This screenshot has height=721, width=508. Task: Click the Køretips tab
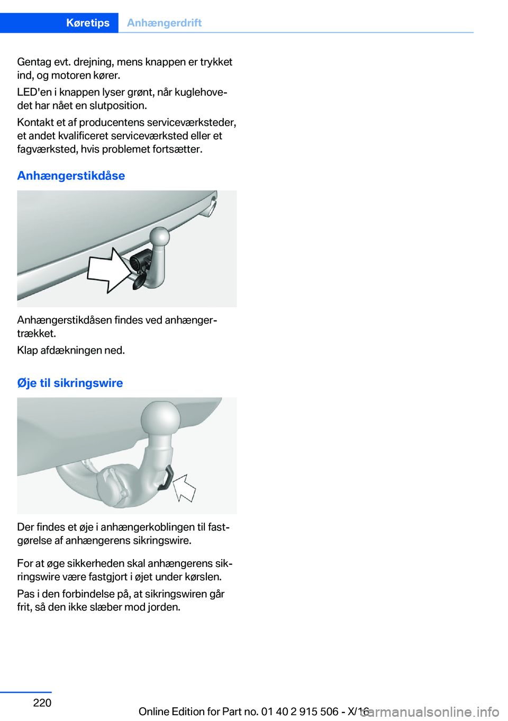click(x=88, y=23)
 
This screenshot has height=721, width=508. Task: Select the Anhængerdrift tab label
click(x=164, y=23)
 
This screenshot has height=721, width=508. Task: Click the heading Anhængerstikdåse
click(x=71, y=176)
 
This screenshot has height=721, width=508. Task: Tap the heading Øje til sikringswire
click(x=70, y=383)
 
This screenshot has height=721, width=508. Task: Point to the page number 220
click(x=42, y=702)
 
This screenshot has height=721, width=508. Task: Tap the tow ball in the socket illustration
click(x=159, y=237)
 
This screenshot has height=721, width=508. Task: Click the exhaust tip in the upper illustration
click(x=211, y=206)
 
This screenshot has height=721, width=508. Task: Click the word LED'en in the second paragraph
click(x=34, y=92)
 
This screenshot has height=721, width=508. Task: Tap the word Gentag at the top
click(x=34, y=62)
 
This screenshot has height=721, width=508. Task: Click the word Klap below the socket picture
click(x=27, y=350)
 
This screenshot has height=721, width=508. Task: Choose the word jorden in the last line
click(x=164, y=607)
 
